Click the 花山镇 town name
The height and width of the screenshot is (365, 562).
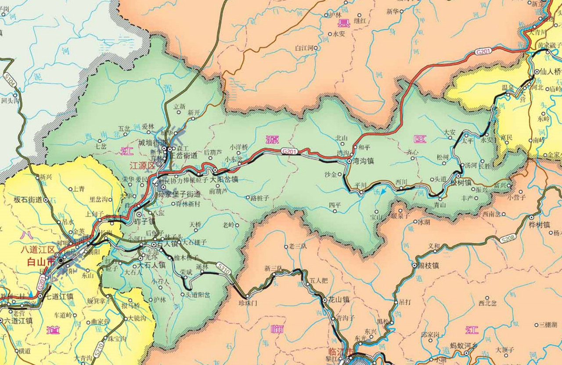click(x=339, y=300)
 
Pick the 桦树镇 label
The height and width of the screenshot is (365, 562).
click(x=540, y=224)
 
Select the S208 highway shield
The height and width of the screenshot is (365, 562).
click(x=507, y=239)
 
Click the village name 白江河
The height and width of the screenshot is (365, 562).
click(x=306, y=47)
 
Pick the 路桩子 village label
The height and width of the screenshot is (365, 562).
click(x=260, y=198)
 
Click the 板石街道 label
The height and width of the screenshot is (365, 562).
click(x=28, y=200)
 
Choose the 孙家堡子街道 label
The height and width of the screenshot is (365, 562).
click(x=179, y=193)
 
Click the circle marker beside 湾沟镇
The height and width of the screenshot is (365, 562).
click(x=349, y=161)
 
